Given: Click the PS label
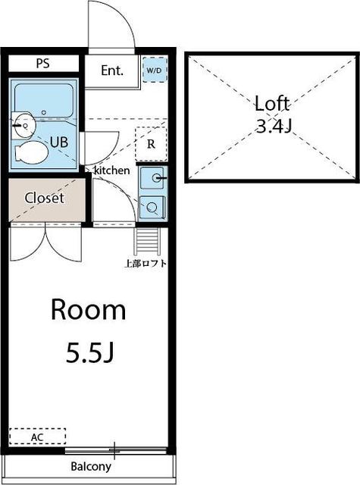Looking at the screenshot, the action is (42, 64).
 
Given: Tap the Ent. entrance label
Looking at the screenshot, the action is (112, 70).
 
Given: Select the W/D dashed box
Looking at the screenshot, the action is (155, 70).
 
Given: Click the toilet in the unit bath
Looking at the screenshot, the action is (31, 152).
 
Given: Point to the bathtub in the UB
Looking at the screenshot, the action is (44, 101).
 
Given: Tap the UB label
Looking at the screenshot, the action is (59, 142).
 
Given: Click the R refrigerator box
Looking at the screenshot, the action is (152, 144).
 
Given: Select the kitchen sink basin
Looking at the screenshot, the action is (152, 177).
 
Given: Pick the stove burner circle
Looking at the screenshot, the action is (152, 207).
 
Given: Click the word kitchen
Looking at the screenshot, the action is (111, 171).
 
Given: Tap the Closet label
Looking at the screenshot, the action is (45, 198).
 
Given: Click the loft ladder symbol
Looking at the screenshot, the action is (147, 241).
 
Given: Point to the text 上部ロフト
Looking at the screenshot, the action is (146, 264).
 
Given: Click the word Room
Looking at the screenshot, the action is (89, 310).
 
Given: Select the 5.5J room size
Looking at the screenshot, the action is (90, 353).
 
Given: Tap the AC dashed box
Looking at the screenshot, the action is (37, 436).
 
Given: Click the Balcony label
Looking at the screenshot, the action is (91, 467).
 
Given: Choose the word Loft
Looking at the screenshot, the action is (272, 104).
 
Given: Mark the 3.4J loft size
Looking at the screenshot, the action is (274, 126).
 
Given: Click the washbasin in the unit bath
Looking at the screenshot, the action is (23, 125).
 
